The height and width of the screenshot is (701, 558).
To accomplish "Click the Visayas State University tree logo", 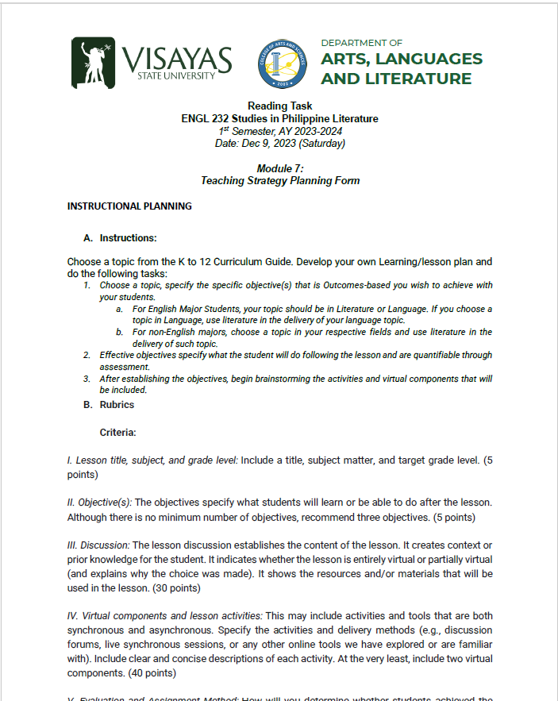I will [94, 62].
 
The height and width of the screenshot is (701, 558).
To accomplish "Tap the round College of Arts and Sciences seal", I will [283, 64].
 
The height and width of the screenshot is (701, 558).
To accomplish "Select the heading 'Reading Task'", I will [279, 106].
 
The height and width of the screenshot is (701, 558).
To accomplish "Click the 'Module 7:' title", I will [279, 168].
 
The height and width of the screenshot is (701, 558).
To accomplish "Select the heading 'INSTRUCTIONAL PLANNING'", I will [129, 206].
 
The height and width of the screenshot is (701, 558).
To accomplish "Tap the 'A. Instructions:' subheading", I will [121, 238].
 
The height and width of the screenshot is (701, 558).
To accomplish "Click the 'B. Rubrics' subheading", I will [110, 405].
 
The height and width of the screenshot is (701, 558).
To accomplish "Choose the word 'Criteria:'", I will [117, 433].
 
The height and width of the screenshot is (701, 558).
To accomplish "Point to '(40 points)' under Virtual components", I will [155, 672].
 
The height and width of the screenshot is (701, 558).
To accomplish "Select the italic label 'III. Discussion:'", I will [98, 545].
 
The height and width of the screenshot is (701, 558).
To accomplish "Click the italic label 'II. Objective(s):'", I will [99, 503].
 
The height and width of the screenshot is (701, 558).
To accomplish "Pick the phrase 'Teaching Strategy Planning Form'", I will [279, 181].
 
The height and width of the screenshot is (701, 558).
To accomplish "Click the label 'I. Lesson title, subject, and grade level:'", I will [152, 461].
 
